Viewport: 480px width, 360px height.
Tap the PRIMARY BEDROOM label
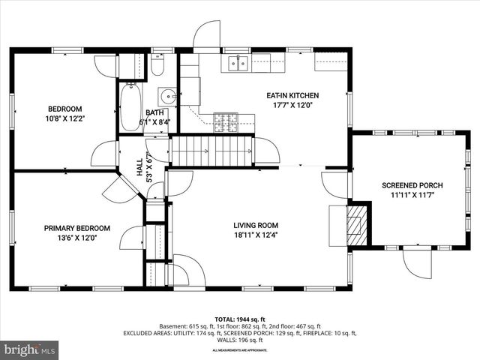click(x=76, y=228)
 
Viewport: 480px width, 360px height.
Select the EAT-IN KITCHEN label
click(x=293, y=95)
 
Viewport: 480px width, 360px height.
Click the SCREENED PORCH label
click(x=412, y=185)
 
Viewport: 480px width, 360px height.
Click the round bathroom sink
click(x=168, y=96)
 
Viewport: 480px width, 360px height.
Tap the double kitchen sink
click(x=238, y=64)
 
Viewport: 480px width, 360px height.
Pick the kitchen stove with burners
click(x=225, y=120)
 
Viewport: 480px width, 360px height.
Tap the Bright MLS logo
click(x=30, y=349)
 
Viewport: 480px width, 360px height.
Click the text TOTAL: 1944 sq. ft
click(x=240, y=319)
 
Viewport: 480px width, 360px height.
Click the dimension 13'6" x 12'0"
click(x=76, y=238)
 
